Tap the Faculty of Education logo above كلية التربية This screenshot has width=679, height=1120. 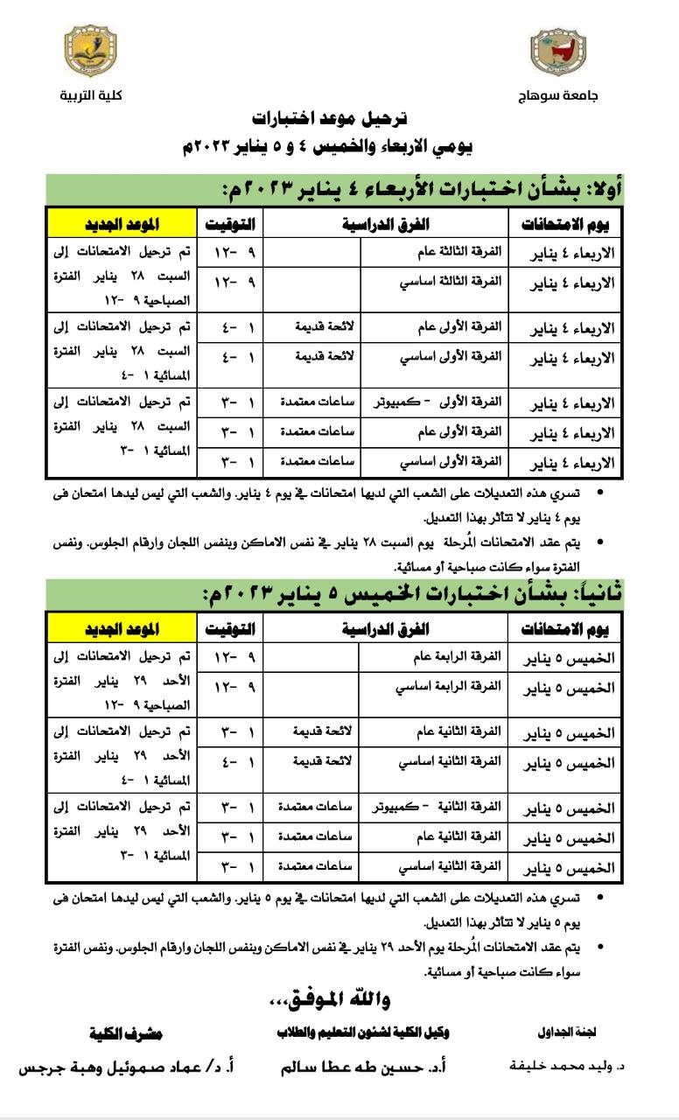(x=91, y=52)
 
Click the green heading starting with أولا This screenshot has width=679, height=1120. (x=420, y=189)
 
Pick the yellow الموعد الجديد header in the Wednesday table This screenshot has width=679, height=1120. (x=121, y=224)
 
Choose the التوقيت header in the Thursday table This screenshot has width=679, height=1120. (x=230, y=629)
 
